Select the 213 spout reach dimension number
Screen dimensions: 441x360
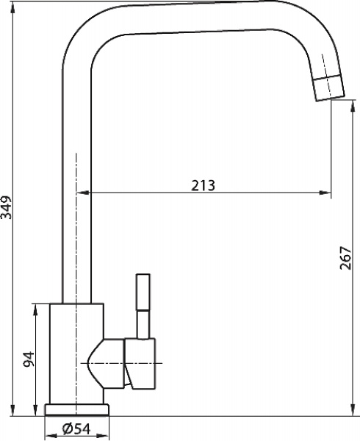[x=203, y=185]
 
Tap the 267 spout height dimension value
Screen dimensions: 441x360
[x=346, y=257]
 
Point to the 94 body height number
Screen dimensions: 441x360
[x=29, y=360]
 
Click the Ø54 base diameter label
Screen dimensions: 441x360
[x=76, y=429]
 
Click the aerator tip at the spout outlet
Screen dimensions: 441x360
[x=328, y=87]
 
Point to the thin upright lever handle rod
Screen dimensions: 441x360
[x=142, y=301]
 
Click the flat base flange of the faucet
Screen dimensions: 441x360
[x=77, y=410]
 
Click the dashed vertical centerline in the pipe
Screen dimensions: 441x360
[x=76, y=220]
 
